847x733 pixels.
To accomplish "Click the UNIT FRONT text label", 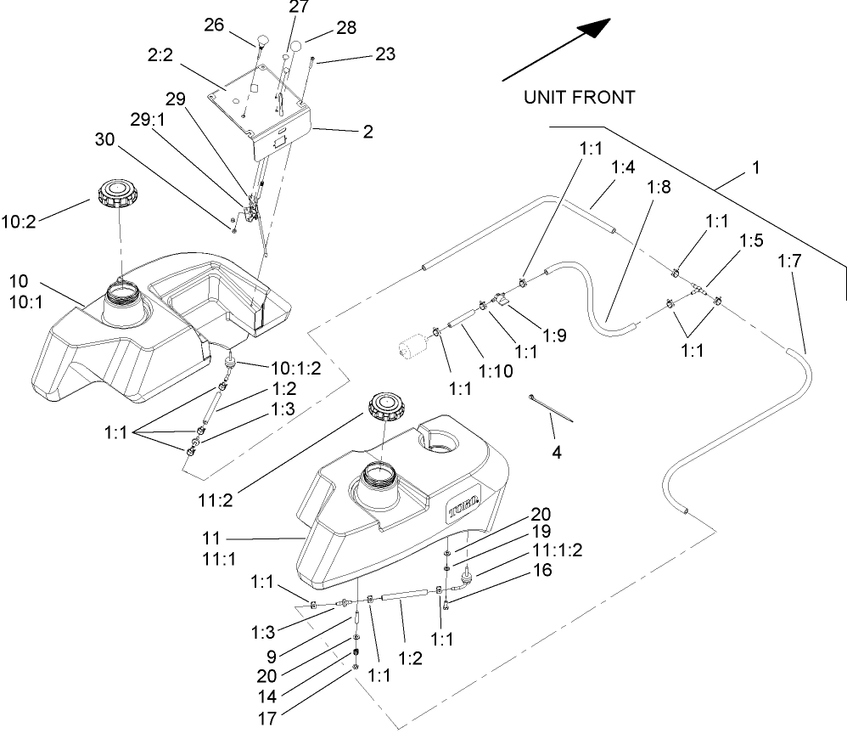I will coord(579,98).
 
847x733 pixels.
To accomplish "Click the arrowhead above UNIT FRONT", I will coord(597,27).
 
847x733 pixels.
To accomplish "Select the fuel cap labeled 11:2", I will coord(388,407).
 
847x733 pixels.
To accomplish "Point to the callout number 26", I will coord(213,25).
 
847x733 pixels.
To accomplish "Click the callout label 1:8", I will coord(659,189).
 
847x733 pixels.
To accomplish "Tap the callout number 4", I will coord(557,453).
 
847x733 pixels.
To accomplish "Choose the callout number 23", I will coord(385,54).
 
